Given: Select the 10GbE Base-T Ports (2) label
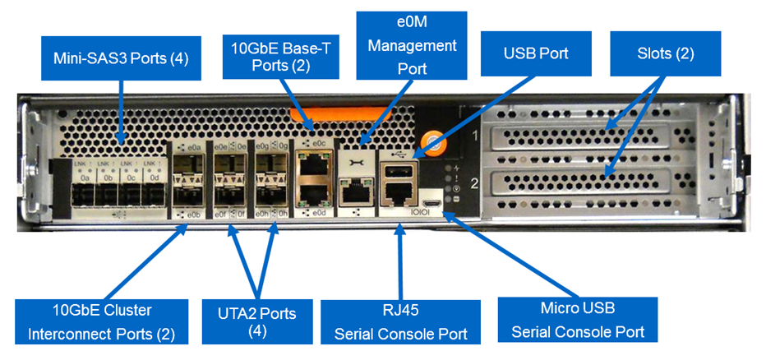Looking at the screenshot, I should point(279,56).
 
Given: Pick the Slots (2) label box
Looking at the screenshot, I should point(665,55).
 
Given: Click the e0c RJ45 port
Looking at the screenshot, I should point(314,165).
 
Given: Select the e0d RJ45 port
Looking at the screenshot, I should point(314,196).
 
